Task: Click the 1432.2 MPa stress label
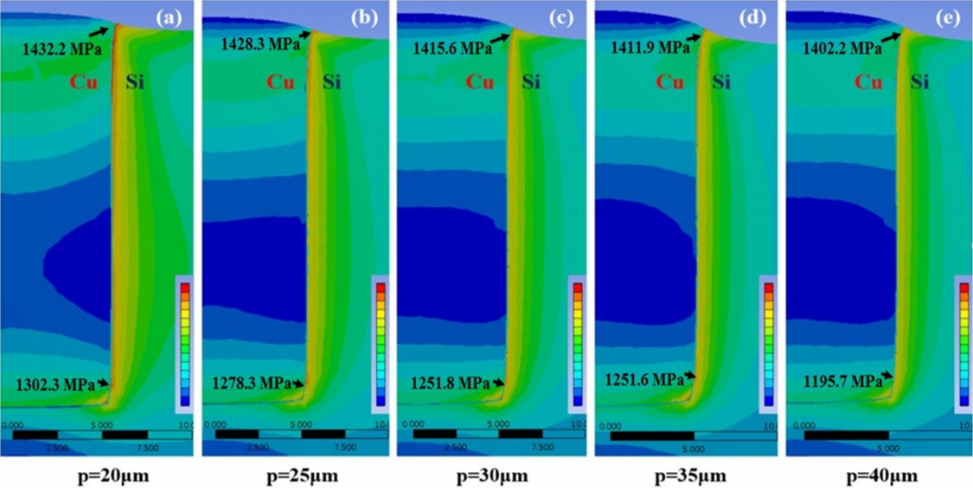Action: (x=62, y=49)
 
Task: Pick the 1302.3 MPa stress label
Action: (x=54, y=385)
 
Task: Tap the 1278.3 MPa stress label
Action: (x=252, y=383)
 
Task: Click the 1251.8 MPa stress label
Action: (x=445, y=383)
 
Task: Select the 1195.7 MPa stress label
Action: (x=838, y=380)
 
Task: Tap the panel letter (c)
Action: (x=559, y=17)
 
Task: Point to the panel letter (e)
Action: (x=950, y=17)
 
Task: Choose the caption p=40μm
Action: (x=879, y=476)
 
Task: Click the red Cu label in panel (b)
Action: (x=280, y=83)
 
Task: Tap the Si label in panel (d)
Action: (x=721, y=83)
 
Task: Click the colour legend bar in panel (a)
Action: (x=183, y=343)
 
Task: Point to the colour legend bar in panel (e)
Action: (x=964, y=343)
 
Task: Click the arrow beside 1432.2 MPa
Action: (x=99, y=30)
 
